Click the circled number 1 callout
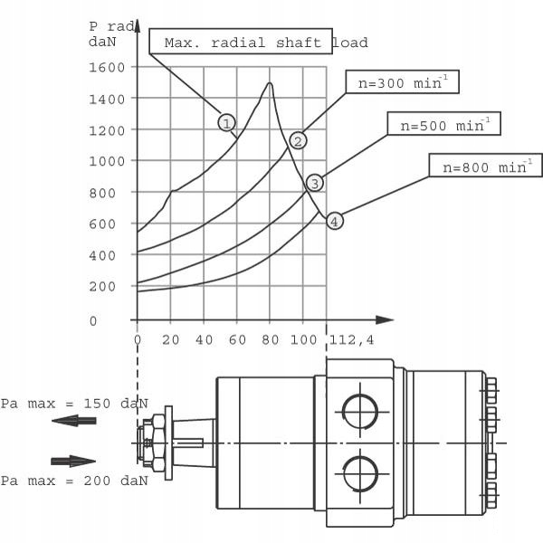(226, 122)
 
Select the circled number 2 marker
(298, 140)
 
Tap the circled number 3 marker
(314, 183)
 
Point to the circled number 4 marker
(335, 221)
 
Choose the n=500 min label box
(443, 124)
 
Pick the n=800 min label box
(485, 166)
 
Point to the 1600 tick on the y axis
(107, 67)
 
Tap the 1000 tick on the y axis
(107, 161)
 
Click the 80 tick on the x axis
(270, 339)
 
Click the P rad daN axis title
(108, 33)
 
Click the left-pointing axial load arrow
(73, 421)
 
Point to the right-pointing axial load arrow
(73, 461)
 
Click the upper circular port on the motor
(360, 412)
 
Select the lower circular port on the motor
(360, 473)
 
